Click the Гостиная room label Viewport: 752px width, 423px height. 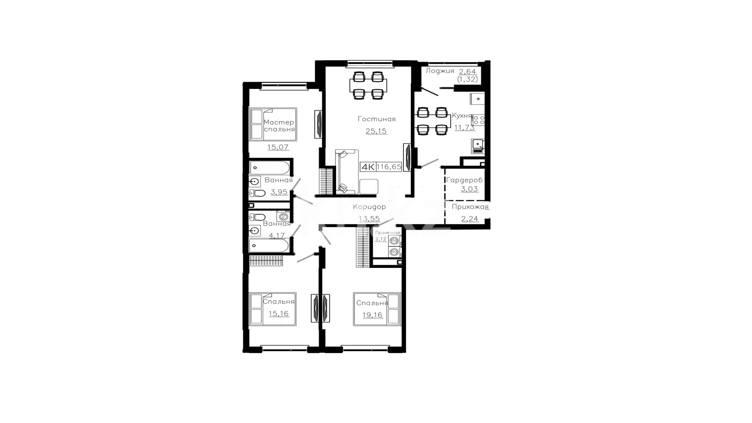pyautogui.click(x=376, y=119)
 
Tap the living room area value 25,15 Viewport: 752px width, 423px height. pyautogui.click(x=376, y=131)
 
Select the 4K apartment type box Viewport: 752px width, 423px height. pyautogui.click(x=368, y=167)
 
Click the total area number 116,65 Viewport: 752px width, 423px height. pyautogui.click(x=389, y=166)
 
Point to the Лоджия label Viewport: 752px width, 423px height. pyautogui.click(x=440, y=71)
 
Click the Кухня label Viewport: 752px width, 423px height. pyautogui.click(x=462, y=116)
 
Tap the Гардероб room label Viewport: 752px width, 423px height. pyautogui.click(x=464, y=180)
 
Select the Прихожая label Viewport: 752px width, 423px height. pyautogui.click(x=470, y=207)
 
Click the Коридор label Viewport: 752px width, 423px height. pyautogui.click(x=369, y=207)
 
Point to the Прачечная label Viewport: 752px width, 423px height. pyautogui.click(x=388, y=233)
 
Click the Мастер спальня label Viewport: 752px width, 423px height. pyautogui.click(x=279, y=125)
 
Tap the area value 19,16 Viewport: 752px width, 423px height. pyautogui.click(x=372, y=315)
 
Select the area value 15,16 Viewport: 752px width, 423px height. pyautogui.click(x=279, y=313)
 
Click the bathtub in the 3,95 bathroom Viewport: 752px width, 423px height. pyautogui.click(x=269, y=167)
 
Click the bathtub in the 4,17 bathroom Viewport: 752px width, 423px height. pyautogui.click(x=268, y=245)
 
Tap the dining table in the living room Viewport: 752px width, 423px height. pyautogui.click(x=368, y=85)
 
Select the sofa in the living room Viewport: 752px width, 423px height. pyautogui.click(x=347, y=172)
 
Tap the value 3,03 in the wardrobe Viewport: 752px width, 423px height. pyautogui.click(x=470, y=189)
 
